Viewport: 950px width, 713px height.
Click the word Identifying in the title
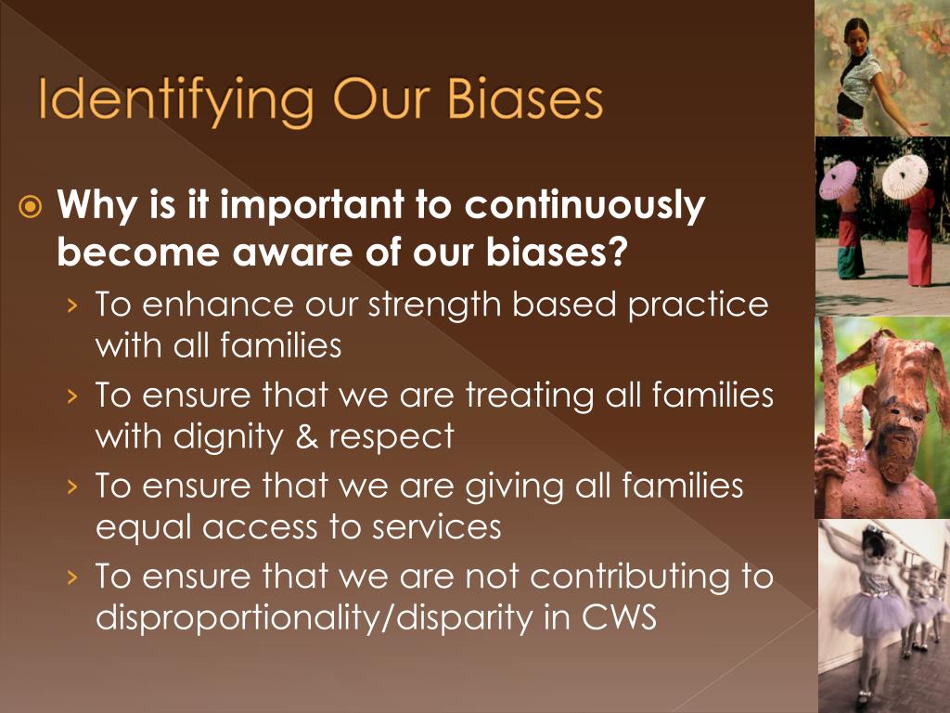[x=175, y=101]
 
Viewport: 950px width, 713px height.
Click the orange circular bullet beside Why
[x=31, y=207]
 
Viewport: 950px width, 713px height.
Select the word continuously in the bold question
[x=585, y=206]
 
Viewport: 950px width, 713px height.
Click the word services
[x=436, y=525]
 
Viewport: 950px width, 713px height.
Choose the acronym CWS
[x=619, y=616]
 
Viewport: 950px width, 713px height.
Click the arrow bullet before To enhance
[x=73, y=305]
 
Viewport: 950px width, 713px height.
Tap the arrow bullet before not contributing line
[x=73, y=577]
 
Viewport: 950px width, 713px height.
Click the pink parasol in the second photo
[x=839, y=178]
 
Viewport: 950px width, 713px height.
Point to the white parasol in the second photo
[x=905, y=175]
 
